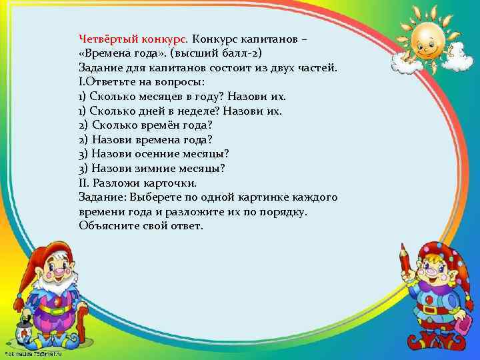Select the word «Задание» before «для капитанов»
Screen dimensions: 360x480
coord(99,67)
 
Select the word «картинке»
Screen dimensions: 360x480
coord(265,197)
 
